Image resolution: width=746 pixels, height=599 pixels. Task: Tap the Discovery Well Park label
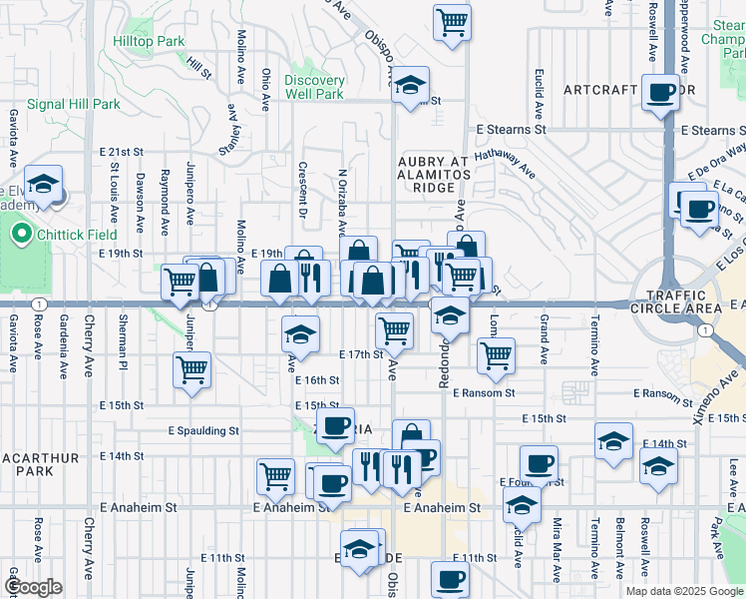click(x=314, y=87)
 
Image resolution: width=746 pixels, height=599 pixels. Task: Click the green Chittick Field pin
click(x=20, y=236)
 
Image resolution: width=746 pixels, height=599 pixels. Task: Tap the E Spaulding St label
click(x=203, y=431)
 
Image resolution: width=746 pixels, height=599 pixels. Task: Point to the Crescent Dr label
click(x=302, y=190)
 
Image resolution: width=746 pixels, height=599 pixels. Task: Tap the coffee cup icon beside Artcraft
click(x=660, y=94)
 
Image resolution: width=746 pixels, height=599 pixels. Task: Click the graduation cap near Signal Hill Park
click(x=43, y=185)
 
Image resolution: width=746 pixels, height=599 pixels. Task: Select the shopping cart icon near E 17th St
click(x=395, y=328)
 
